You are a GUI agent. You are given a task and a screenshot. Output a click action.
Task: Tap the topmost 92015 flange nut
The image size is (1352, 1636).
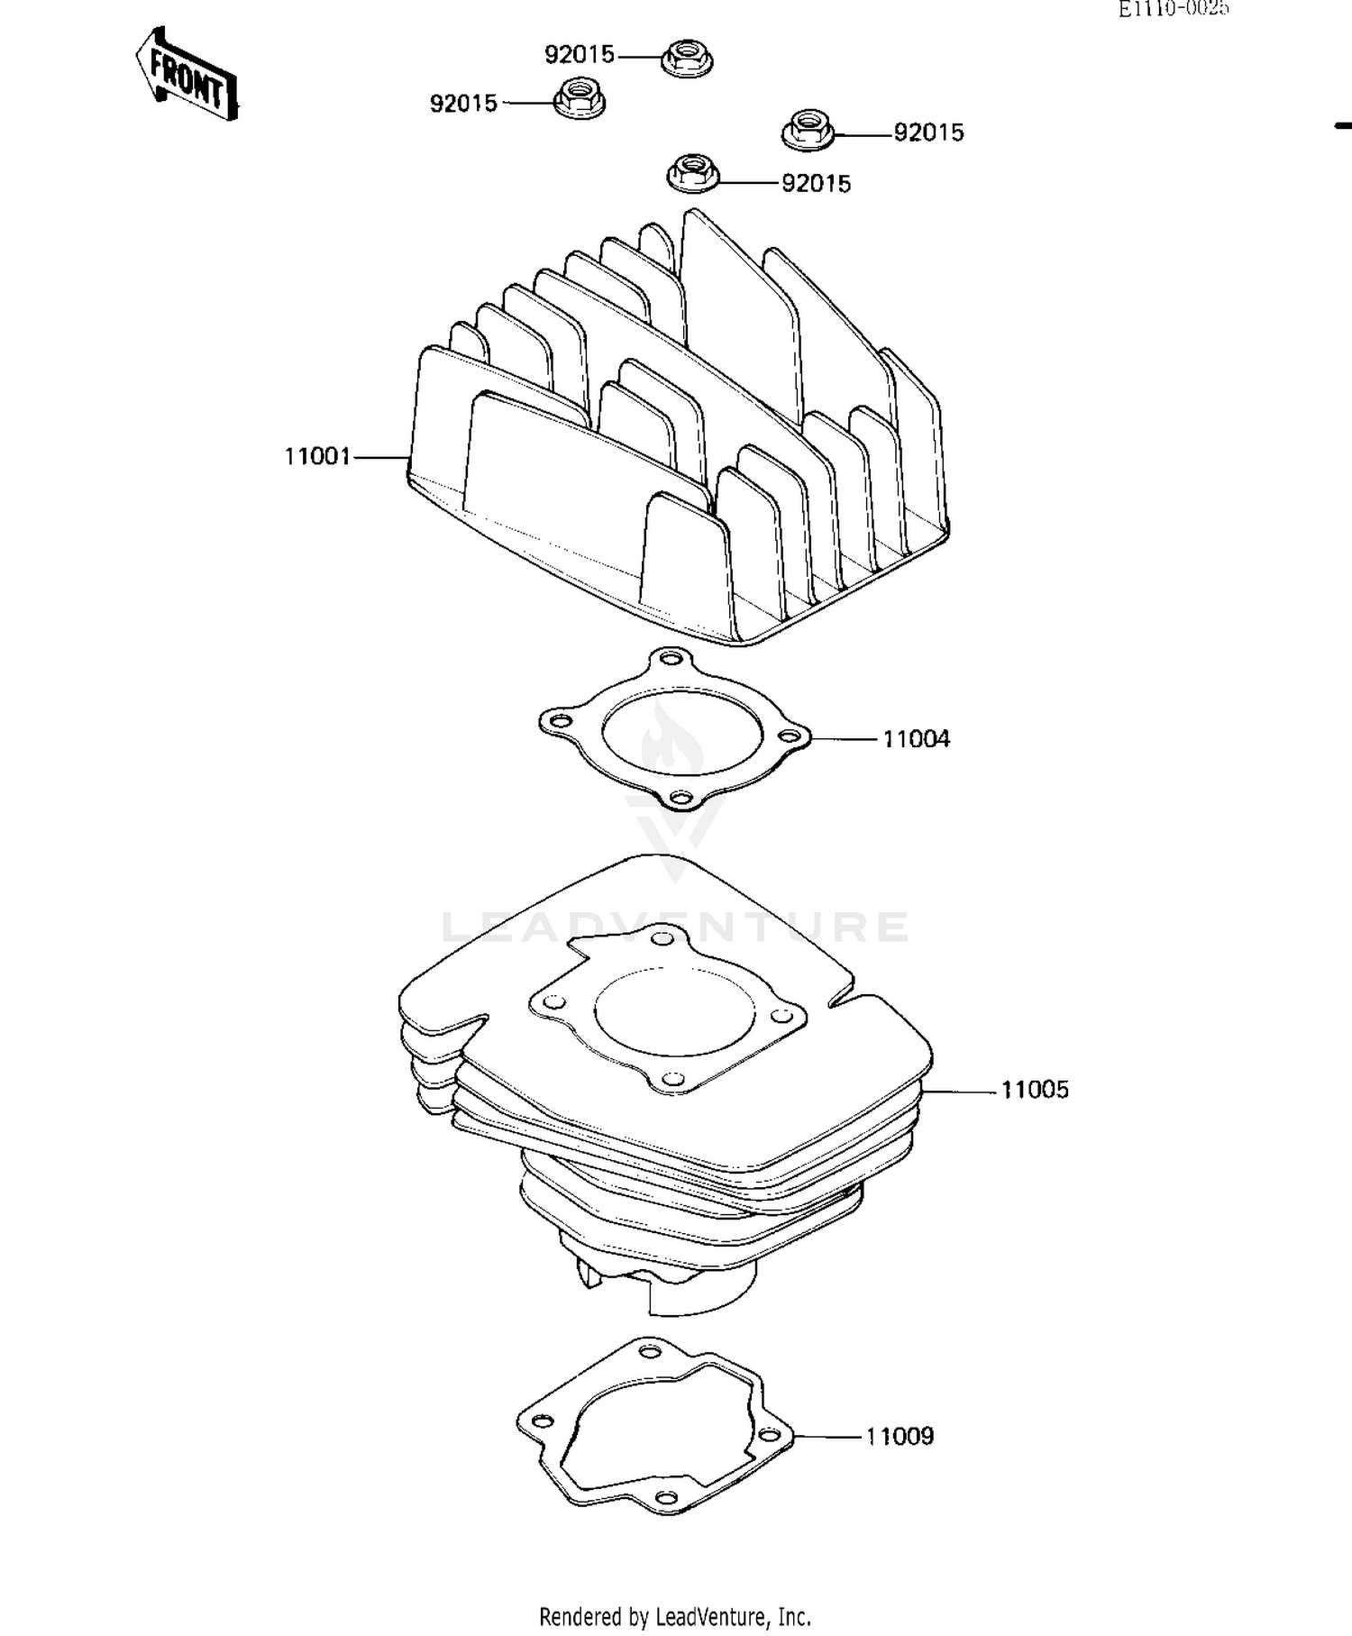coord(688,58)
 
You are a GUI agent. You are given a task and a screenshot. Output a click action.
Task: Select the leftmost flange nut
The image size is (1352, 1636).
coord(579,98)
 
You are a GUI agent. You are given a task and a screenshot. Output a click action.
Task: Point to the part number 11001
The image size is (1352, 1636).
coord(316,457)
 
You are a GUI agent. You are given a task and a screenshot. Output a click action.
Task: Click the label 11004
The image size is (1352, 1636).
coord(916,739)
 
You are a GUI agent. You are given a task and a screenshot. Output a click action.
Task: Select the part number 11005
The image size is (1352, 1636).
coord(1035,1090)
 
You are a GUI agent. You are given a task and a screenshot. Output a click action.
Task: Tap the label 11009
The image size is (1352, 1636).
coord(900,1437)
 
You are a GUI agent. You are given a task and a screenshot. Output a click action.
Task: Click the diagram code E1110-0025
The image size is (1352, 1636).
coord(1174,9)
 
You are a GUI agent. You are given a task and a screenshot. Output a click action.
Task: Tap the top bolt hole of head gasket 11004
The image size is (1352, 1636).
coord(668,659)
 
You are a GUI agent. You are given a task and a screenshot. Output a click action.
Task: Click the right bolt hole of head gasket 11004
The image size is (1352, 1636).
coord(790,736)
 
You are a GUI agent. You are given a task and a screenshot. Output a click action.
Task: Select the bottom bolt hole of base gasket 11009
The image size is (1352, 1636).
coord(666,1497)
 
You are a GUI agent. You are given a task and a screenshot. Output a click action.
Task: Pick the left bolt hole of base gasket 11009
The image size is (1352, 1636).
coord(542,1421)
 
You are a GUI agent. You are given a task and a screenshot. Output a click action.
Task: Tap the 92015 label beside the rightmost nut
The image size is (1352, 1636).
coord(928,133)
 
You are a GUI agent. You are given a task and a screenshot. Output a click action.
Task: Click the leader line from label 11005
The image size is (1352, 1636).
coord(960,1092)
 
